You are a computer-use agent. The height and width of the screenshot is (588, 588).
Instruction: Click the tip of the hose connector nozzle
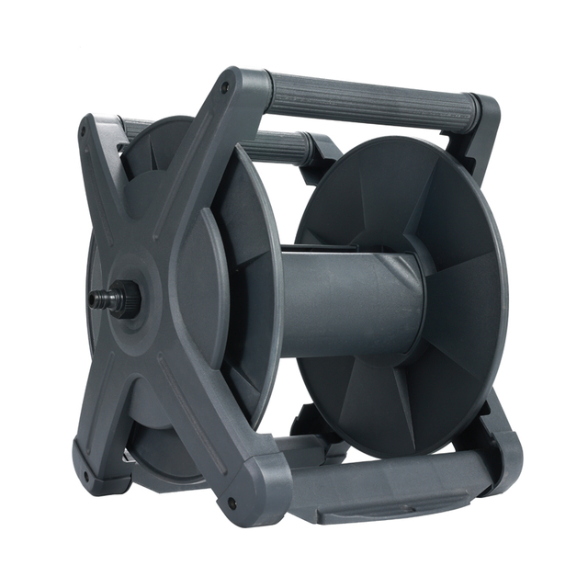pos(94,300)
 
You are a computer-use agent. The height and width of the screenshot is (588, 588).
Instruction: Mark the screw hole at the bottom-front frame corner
pos(230,503)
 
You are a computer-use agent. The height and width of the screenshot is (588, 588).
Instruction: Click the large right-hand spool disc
pos(413,294)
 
